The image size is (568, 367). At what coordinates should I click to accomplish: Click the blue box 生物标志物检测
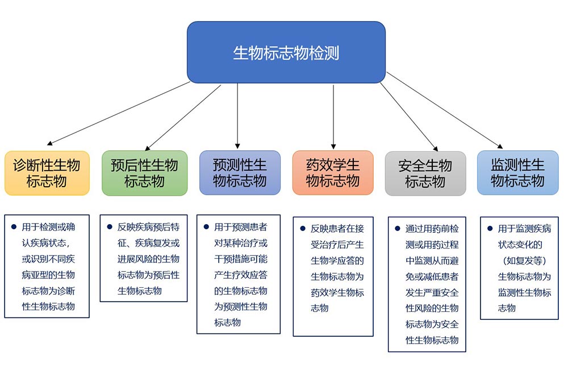click(x=286, y=52)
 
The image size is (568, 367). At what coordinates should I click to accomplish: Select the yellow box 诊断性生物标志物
click(x=47, y=173)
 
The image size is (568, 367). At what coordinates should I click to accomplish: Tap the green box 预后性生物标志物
click(x=144, y=173)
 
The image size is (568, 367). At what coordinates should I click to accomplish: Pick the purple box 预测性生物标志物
click(x=240, y=173)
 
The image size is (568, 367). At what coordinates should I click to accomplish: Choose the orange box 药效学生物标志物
click(x=333, y=173)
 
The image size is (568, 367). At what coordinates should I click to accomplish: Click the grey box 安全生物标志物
click(x=425, y=174)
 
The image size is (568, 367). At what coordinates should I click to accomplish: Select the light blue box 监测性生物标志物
click(x=517, y=173)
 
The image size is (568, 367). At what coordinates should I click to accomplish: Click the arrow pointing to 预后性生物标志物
click(x=182, y=117)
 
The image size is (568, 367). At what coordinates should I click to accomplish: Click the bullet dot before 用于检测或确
click(x=14, y=226)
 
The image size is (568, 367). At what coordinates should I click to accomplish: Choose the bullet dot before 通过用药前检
click(x=398, y=228)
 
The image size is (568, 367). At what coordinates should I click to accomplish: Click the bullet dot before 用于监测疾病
click(x=490, y=228)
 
